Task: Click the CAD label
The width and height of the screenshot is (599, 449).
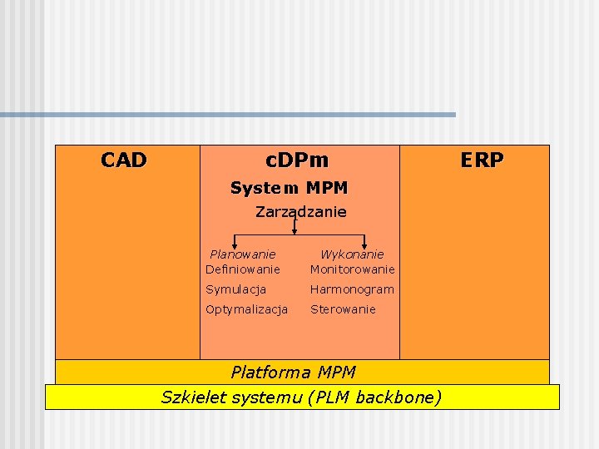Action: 124,160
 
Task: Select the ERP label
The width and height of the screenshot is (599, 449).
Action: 482,160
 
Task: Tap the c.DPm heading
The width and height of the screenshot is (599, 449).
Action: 297,160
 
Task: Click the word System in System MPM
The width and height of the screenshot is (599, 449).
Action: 258,188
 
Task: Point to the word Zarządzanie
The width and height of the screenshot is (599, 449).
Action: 301,212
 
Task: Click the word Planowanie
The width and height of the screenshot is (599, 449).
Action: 243,254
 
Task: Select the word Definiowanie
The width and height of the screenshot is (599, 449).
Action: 243,269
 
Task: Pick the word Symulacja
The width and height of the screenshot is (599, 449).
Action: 236,289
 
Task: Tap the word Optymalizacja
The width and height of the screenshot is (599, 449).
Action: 247,309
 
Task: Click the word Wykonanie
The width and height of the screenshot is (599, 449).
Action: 352,254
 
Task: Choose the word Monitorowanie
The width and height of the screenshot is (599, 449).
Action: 353,269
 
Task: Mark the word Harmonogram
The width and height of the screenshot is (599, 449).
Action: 352,289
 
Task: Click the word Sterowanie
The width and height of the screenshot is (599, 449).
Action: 343,309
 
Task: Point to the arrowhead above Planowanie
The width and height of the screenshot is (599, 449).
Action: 233,245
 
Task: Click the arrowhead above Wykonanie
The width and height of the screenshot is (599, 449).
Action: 364,245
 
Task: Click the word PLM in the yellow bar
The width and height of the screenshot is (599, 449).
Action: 330,397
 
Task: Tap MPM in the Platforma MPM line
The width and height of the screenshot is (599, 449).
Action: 337,372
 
